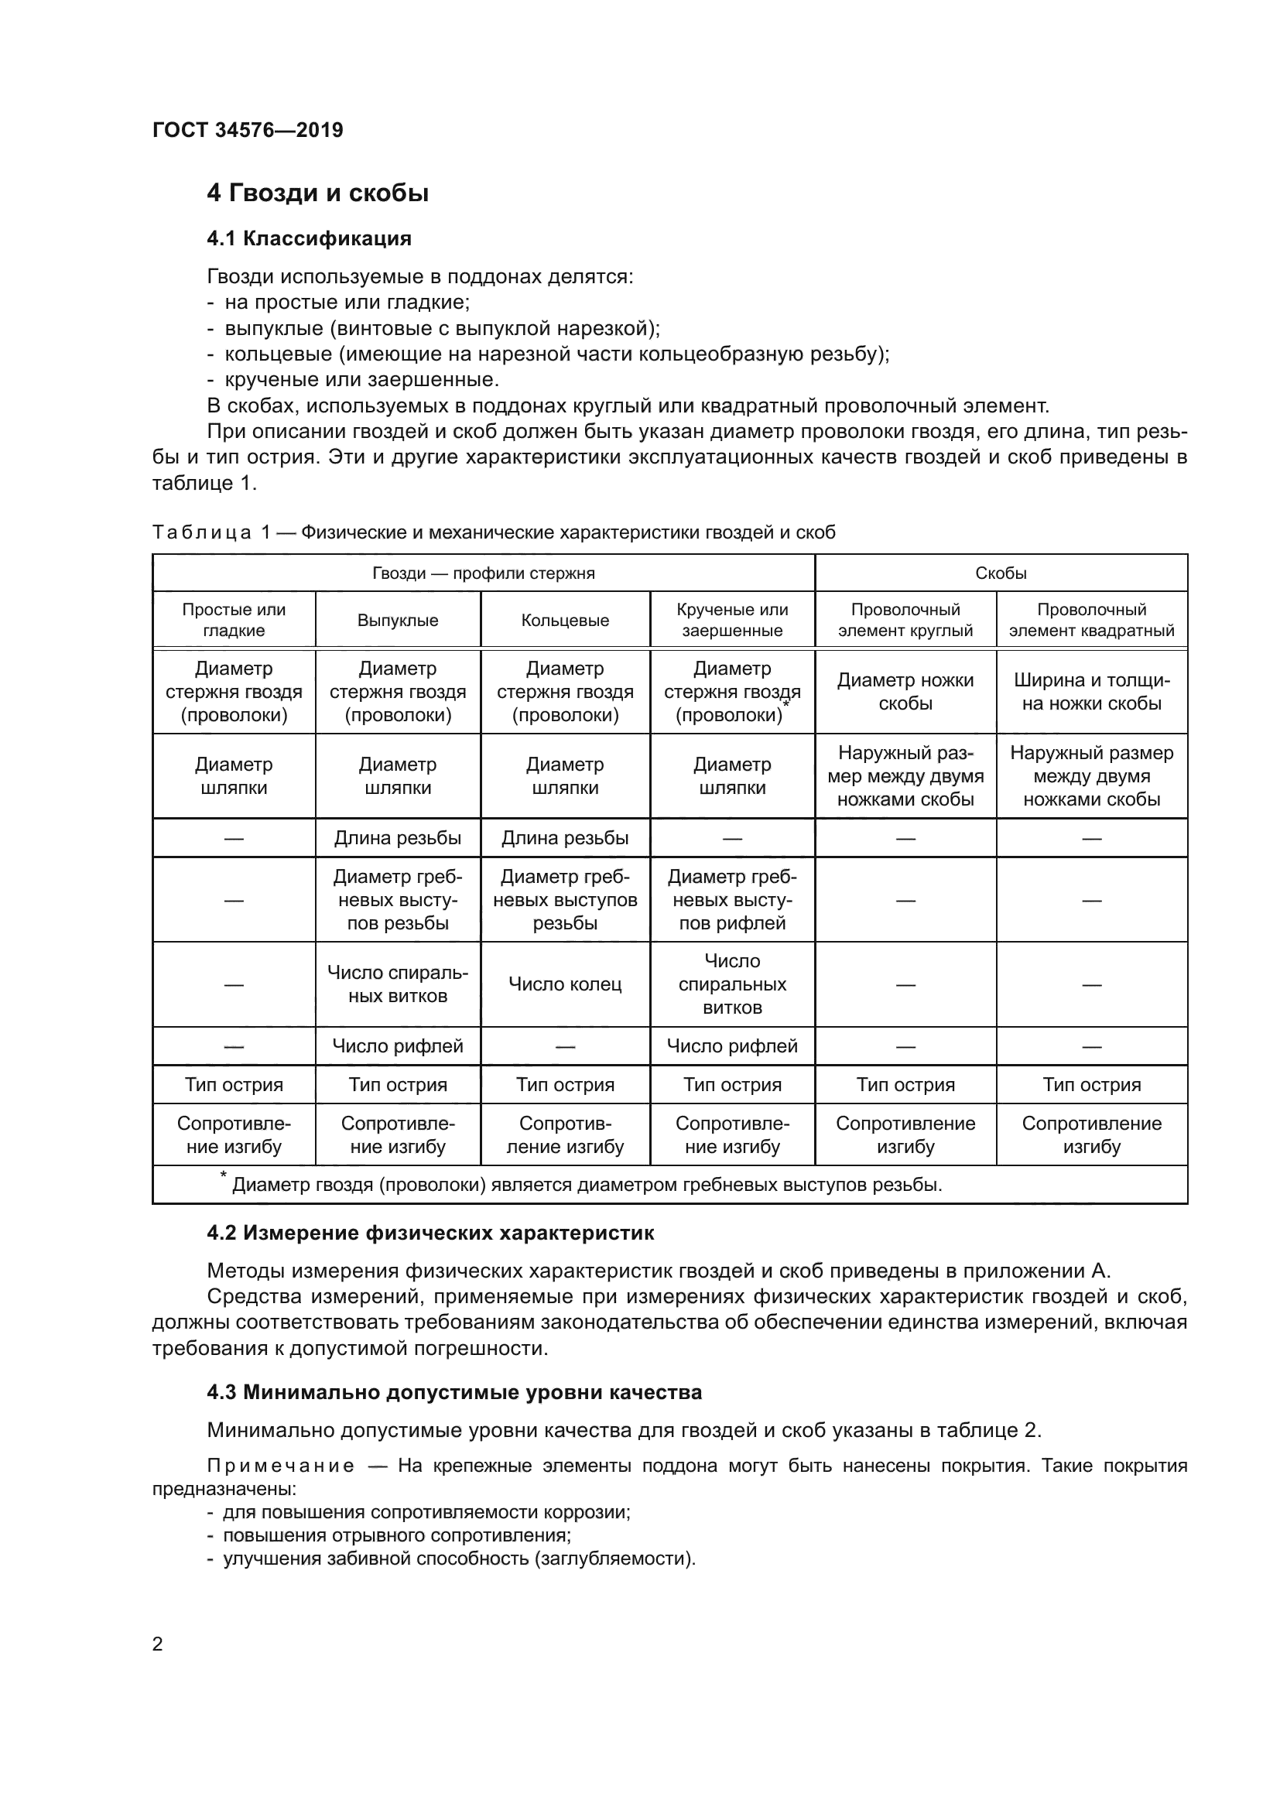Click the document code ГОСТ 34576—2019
coord(248,130)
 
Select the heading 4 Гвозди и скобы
coord(317,193)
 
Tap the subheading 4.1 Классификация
coord(309,239)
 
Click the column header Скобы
coord(1000,573)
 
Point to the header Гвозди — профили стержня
coord(483,573)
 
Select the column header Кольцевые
coord(565,621)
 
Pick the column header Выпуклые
coord(397,621)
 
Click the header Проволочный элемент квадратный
coord(1092,621)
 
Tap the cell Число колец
coord(565,984)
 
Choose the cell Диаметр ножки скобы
coord(905,691)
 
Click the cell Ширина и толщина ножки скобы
coord(1092,691)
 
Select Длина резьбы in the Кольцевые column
coord(565,838)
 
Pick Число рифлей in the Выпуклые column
coord(397,1046)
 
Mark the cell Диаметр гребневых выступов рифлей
coord(732,899)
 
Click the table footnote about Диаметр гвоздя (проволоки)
coord(587,1185)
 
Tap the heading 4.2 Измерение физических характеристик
coord(430,1233)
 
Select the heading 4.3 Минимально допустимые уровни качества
coord(454,1392)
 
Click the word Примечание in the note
coord(281,1466)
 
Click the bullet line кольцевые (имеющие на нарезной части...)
coord(556,354)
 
